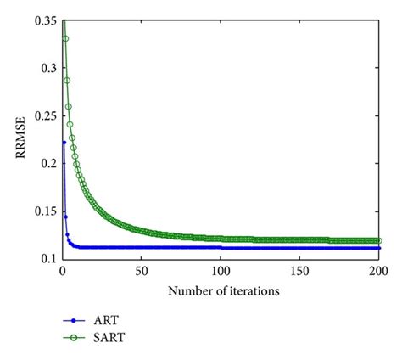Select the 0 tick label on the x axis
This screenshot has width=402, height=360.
pyautogui.click(x=62, y=273)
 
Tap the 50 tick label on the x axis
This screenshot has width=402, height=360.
pyautogui.click(x=141, y=273)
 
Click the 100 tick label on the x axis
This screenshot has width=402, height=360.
pyautogui.click(x=221, y=273)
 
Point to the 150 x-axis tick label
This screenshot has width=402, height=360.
pyautogui.click(x=299, y=273)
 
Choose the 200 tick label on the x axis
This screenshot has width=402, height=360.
pyautogui.click(x=378, y=273)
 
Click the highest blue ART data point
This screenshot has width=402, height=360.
pyautogui.click(x=64, y=142)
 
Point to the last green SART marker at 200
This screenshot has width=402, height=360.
pyautogui.click(x=378, y=240)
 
